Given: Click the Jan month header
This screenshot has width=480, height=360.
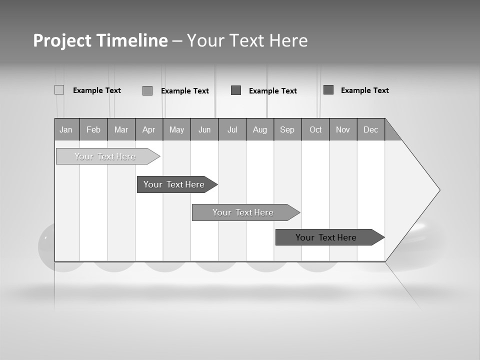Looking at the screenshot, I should (x=66, y=129).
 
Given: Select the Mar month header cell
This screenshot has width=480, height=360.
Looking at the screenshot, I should (x=121, y=129).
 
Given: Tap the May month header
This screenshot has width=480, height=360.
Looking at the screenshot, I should (x=176, y=129).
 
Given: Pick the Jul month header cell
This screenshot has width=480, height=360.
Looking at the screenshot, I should (x=232, y=129).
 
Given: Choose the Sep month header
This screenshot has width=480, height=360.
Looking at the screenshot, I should (x=287, y=129).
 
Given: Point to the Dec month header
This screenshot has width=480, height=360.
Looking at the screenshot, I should (x=370, y=129).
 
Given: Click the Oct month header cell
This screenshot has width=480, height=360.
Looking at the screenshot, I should (x=315, y=129).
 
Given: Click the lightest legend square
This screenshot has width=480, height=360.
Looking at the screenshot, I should (x=59, y=90).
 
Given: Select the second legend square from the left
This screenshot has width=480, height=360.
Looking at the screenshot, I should (x=147, y=90).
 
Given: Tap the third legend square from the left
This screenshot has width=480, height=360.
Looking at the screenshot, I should (x=236, y=90).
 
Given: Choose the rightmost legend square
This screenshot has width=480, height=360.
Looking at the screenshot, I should (x=328, y=90).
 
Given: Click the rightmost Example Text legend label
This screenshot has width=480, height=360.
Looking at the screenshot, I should (x=364, y=90).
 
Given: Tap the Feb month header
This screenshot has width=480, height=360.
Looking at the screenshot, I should (x=93, y=129).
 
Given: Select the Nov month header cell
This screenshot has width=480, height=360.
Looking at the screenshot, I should (x=343, y=129).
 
